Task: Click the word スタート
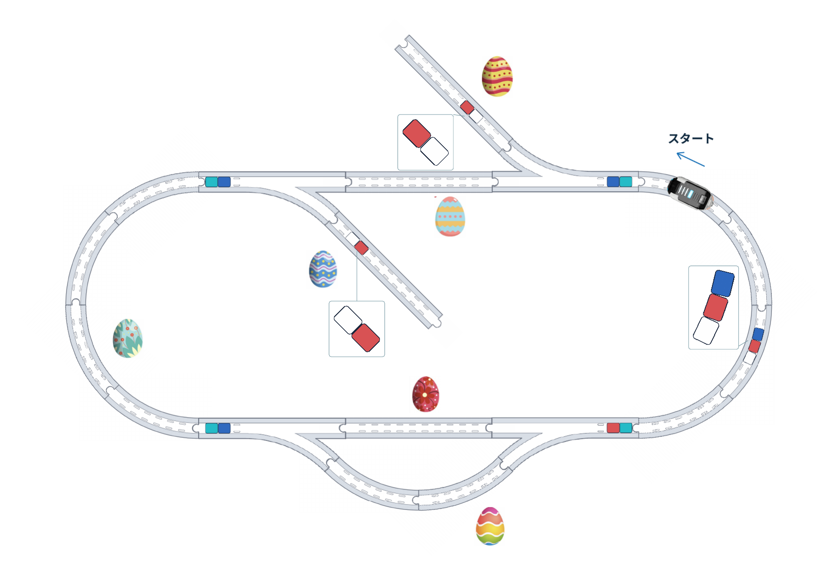pyautogui.click(x=691, y=139)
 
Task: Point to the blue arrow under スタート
pyautogui.click(x=691, y=159)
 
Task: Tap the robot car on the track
pyautogui.click(x=690, y=193)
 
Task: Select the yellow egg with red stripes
pyautogui.click(x=497, y=76)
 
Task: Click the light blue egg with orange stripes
pyautogui.click(x=450, y=216)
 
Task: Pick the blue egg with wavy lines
pyautogui.click(x=323, y=269)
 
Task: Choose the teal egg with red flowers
pyautogui.click(x=128, y=338)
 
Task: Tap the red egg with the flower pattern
pyautogui.click(x=425, y=394)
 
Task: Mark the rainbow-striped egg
pyautogui.click(x=490, y=526)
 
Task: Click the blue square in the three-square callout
pyautogui.click(x=723, y=283)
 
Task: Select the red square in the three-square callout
pyautogui.click(x=716, y=307)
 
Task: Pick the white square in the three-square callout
pyautogui.click(x=706, y=330)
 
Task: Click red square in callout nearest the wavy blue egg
pyautogui.click(x=365, y=338)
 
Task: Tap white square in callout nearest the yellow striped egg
pyautogui.click(x=434, y=151)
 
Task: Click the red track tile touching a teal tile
pyautogui.click(x=613, y=428)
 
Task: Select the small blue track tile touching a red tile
pyautogui.click(x=758, y=334)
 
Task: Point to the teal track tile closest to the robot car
pyautogui.click(x=626, y=181)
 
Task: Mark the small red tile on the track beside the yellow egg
pyautogui.click(x=467, y=107)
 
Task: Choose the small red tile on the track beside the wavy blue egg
pyautogui.click(x=361, y=248)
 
